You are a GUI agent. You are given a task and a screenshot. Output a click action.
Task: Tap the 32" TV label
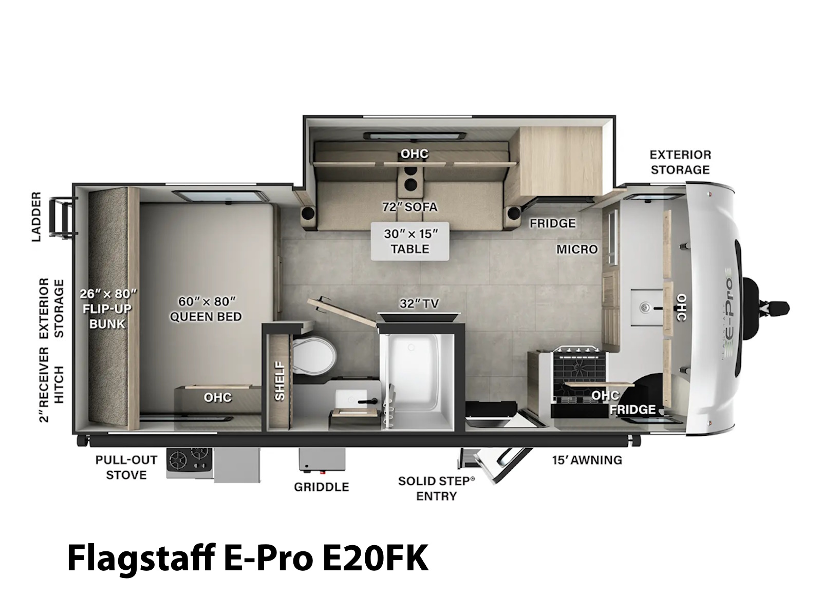[x=419, y=303]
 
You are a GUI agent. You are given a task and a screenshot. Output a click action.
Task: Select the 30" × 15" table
[x=409, y=241]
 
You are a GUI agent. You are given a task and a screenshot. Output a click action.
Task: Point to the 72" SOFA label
[x=409, y=207]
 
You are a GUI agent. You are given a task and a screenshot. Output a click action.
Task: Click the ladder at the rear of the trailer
[x=63, y=218]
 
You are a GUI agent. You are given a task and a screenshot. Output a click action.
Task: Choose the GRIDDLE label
[x=321, y=487]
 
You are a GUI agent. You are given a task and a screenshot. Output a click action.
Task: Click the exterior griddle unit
[x=322, y=459]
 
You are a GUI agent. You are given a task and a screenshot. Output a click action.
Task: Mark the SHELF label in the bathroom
[x=279, y=381]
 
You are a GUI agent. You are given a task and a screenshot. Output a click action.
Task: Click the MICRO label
[x=577, y=249]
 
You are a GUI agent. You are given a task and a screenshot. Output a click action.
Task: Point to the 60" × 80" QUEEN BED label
[x=206, y=309]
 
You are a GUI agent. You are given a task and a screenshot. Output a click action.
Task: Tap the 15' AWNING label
[x=587, y=459]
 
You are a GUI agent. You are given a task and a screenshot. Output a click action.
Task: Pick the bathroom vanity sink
[x=351, y=400]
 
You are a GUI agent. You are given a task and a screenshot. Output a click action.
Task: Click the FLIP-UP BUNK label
[x=107, y=316]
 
